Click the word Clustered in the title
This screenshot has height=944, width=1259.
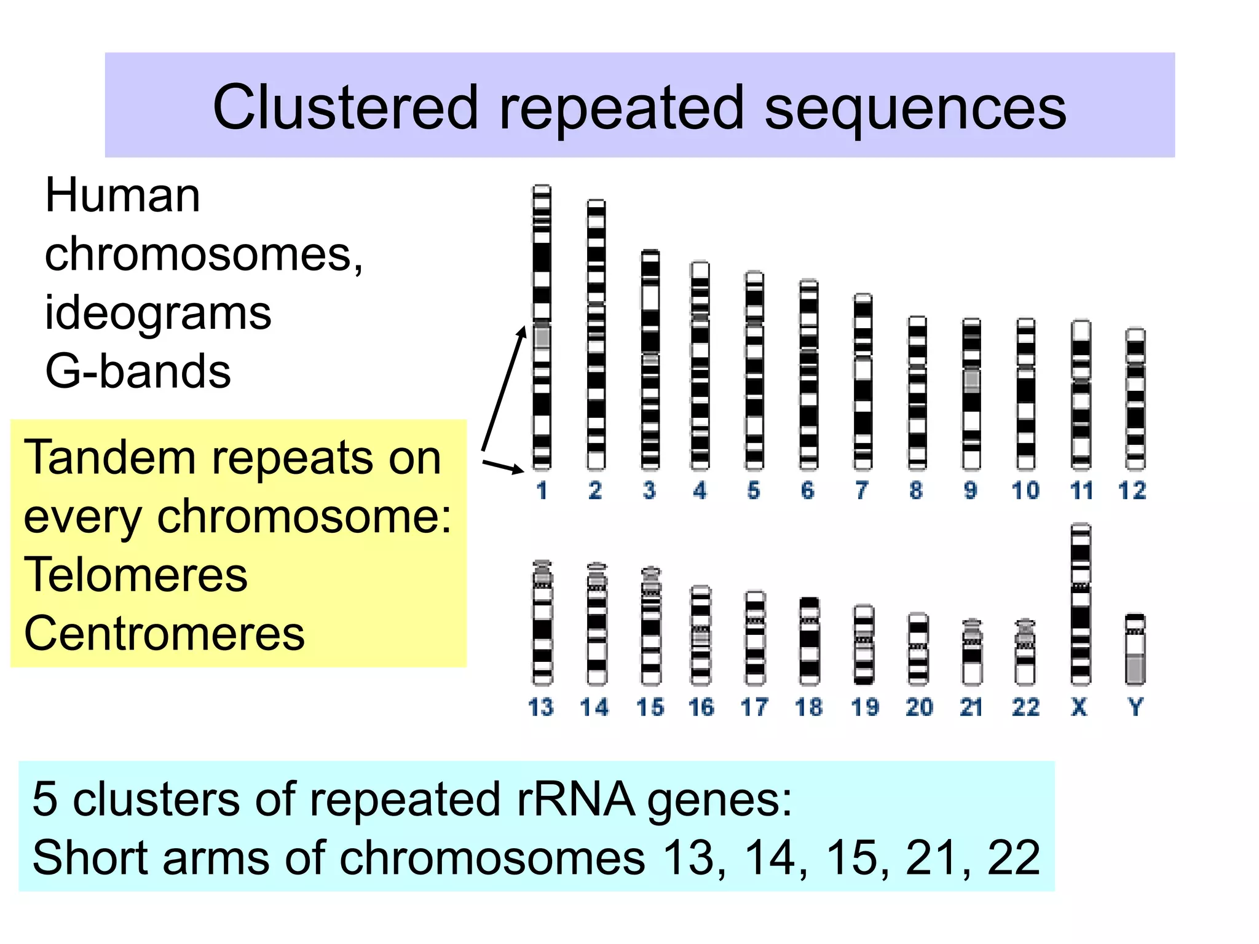click(344, 108)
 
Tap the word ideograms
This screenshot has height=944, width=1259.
click(157, 313)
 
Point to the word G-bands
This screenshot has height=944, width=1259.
click(138, 372)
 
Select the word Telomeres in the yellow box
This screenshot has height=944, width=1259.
click(135, 575)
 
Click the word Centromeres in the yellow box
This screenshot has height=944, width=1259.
click(164, 634)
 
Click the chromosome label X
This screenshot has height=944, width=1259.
click(1079, 707)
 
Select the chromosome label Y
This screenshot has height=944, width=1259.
click(1135, 707)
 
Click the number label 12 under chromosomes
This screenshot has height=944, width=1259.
click(1132, 490)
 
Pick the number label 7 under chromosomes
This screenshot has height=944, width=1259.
click(862, 490)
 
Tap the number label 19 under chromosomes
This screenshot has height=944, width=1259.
click(864, 707)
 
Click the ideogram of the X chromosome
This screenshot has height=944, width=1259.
click(1080, 605)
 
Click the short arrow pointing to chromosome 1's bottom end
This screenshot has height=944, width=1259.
click(503, 466)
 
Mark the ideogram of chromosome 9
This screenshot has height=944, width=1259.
click(971, 393)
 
